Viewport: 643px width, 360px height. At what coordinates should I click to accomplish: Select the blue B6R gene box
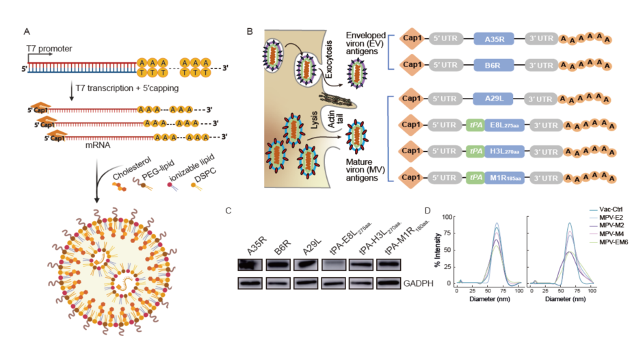pyautogui.click(x=495, y=67)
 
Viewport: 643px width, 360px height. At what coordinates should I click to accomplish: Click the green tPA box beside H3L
pyautogui.click(x=474, y=152)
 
